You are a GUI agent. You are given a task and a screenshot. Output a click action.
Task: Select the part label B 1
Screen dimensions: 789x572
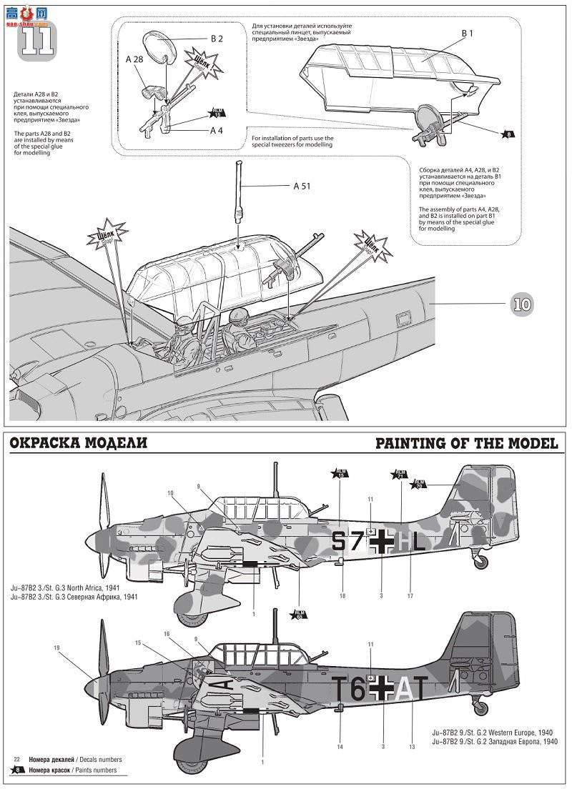point(468,34)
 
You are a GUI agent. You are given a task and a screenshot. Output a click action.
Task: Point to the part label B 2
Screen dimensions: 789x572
point(216,39)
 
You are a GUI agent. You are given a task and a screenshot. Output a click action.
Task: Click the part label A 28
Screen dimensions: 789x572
point(134,61)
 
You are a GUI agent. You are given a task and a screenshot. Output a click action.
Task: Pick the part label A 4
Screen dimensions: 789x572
point(217,131)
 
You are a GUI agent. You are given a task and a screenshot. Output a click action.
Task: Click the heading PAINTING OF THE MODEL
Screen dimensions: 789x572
point(466,444)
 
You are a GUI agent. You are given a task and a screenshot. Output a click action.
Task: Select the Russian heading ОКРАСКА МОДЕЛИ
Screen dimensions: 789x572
point(79,444)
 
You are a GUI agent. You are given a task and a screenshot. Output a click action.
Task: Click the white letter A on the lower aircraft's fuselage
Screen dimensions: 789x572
point(405,690)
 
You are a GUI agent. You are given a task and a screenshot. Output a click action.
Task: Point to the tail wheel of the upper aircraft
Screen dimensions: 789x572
point(480,562)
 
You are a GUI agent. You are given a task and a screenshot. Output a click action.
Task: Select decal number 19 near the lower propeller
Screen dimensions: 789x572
point(56,648)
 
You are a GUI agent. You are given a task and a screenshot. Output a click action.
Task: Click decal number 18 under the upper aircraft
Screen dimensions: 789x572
point(342,595)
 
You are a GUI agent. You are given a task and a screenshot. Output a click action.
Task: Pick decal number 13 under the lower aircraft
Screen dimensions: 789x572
point(412,747)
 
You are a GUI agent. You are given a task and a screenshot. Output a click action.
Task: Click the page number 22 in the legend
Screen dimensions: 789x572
point(18,759)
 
